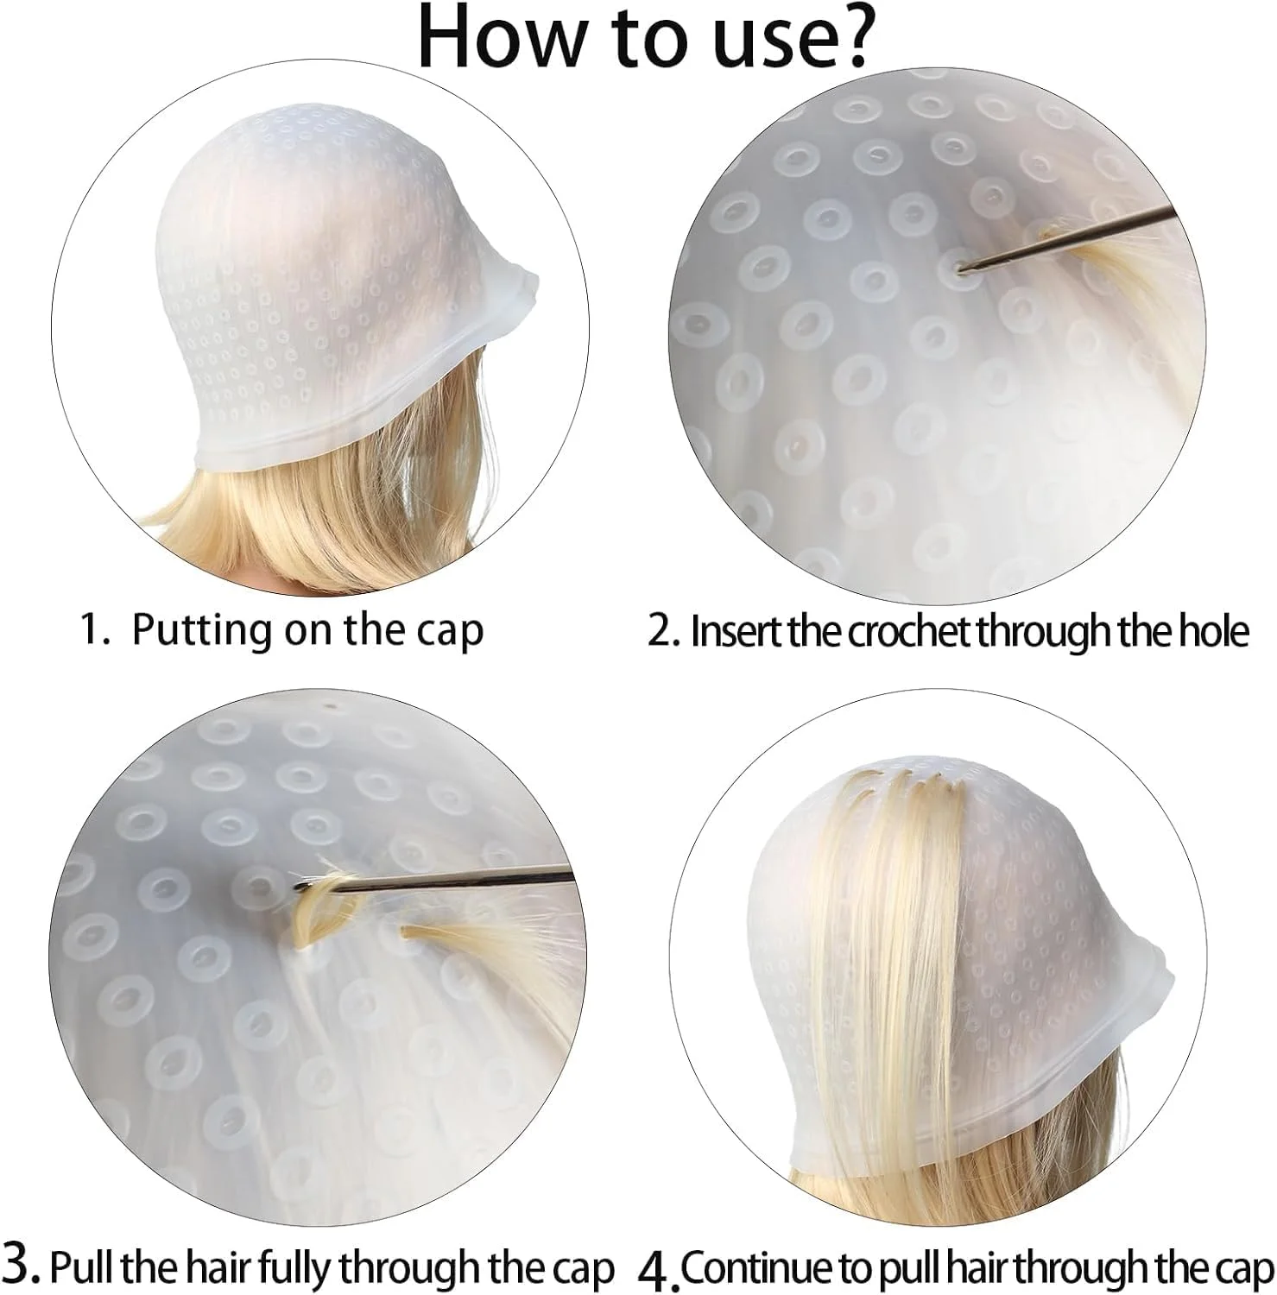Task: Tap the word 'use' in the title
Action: tap(754, 45)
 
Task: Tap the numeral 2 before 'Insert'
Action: tap(661, 632)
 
